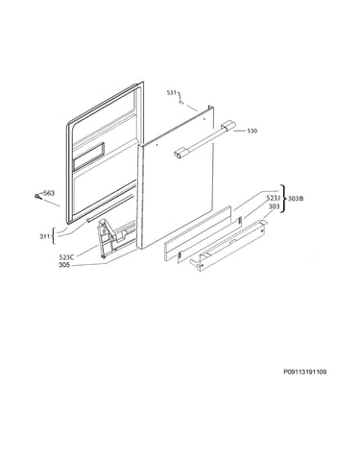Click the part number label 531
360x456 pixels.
tap(171, 93)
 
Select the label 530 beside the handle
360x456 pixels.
tap(252, 131)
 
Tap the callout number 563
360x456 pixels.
tap(49, 193)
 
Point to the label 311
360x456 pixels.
tap(44, 236)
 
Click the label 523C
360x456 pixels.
tap(67, 257)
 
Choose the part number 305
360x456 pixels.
tap(64, 265)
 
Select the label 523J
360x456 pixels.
tap(273, 199)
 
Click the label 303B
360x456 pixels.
tap(296, 199)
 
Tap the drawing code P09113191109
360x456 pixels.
tap(305, 372)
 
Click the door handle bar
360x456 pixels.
tap(203, 140)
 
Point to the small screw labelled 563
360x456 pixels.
tap(38, 197)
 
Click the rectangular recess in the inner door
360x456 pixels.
tap(88, 156)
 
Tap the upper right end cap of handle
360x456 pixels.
tap(228, 125)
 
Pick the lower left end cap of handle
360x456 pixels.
tap(180, 154)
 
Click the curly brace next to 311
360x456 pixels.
tap(54, 236)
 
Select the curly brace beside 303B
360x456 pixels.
tap(283, 199)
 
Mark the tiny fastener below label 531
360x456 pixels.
tap(180, 103)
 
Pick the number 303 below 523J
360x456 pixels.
tap(274, 206)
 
